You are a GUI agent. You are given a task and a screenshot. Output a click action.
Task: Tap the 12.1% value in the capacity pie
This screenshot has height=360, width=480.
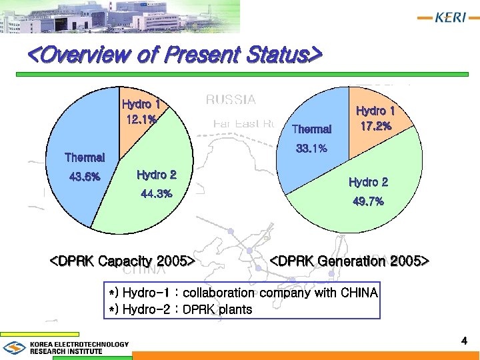tap(141, 119)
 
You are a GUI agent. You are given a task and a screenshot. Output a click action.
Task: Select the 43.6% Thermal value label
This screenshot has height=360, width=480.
tap(85, 177)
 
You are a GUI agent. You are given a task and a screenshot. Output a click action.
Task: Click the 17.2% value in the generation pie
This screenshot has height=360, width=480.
tap(375, 125)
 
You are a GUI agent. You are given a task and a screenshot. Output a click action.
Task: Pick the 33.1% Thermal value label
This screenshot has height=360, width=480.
tap(311, 149)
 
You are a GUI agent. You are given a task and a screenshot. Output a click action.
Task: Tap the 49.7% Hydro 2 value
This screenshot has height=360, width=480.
tap(368, 201)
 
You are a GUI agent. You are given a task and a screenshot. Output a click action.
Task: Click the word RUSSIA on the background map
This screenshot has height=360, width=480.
tap(230, 99)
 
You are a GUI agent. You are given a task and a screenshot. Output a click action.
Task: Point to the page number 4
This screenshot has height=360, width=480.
tap(464, 341)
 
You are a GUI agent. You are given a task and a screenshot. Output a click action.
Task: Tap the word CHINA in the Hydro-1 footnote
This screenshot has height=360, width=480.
tap(359, 293)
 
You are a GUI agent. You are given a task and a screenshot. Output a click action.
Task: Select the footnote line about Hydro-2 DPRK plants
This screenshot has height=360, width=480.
tap(181, 309)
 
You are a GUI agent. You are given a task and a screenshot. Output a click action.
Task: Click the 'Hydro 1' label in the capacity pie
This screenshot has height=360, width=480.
tap(141, 104)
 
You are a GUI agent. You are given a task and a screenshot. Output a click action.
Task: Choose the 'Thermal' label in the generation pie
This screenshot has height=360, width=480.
tap(311, 129)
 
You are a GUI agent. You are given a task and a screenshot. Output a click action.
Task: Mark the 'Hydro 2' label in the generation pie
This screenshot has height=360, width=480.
tap(368, 182)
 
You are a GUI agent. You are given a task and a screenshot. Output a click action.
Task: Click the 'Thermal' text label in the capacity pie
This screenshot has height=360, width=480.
tap(85, 158)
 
